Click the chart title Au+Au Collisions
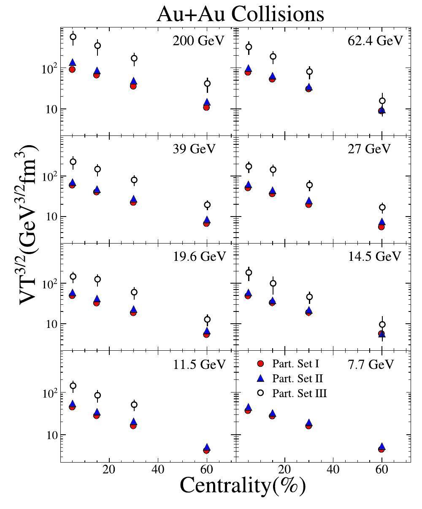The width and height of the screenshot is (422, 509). [x=240, y=14]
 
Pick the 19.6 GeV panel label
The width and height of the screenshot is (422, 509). [x=200, y=256]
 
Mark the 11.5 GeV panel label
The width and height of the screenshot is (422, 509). [x=200, y=364]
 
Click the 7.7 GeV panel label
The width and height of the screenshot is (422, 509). [x=375, y=364]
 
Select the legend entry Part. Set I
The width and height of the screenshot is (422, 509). [x=295, y=364]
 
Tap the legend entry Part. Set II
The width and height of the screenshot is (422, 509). [x=298, y=378]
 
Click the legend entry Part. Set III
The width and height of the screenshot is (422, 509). [x=300, y=393]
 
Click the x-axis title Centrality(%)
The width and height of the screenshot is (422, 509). [x=243, y=485]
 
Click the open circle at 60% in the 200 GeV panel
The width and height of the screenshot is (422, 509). [x=207, y=84]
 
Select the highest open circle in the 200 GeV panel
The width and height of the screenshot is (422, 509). [x=73, y=37]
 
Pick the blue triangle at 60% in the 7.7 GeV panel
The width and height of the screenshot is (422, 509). [x=381, y=446]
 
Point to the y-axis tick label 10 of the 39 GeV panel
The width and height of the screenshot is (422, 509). [x=50, y=217]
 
